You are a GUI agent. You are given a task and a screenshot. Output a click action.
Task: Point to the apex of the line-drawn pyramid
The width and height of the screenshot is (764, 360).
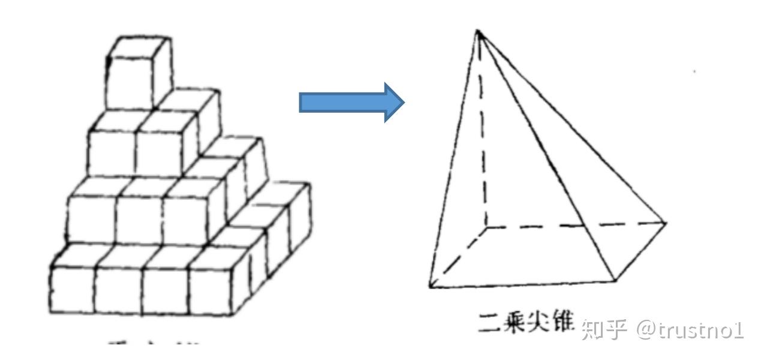478,31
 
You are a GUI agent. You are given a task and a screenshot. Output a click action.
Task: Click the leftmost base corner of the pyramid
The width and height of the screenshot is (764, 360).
430,286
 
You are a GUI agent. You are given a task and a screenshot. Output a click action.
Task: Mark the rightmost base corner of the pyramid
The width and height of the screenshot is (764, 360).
665,223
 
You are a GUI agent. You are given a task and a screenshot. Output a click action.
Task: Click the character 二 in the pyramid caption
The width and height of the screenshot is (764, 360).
487,326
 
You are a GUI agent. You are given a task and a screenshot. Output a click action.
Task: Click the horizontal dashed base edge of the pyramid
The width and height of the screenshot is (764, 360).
576,226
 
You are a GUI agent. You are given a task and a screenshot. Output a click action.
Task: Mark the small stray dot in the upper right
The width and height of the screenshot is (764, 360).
694,71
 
